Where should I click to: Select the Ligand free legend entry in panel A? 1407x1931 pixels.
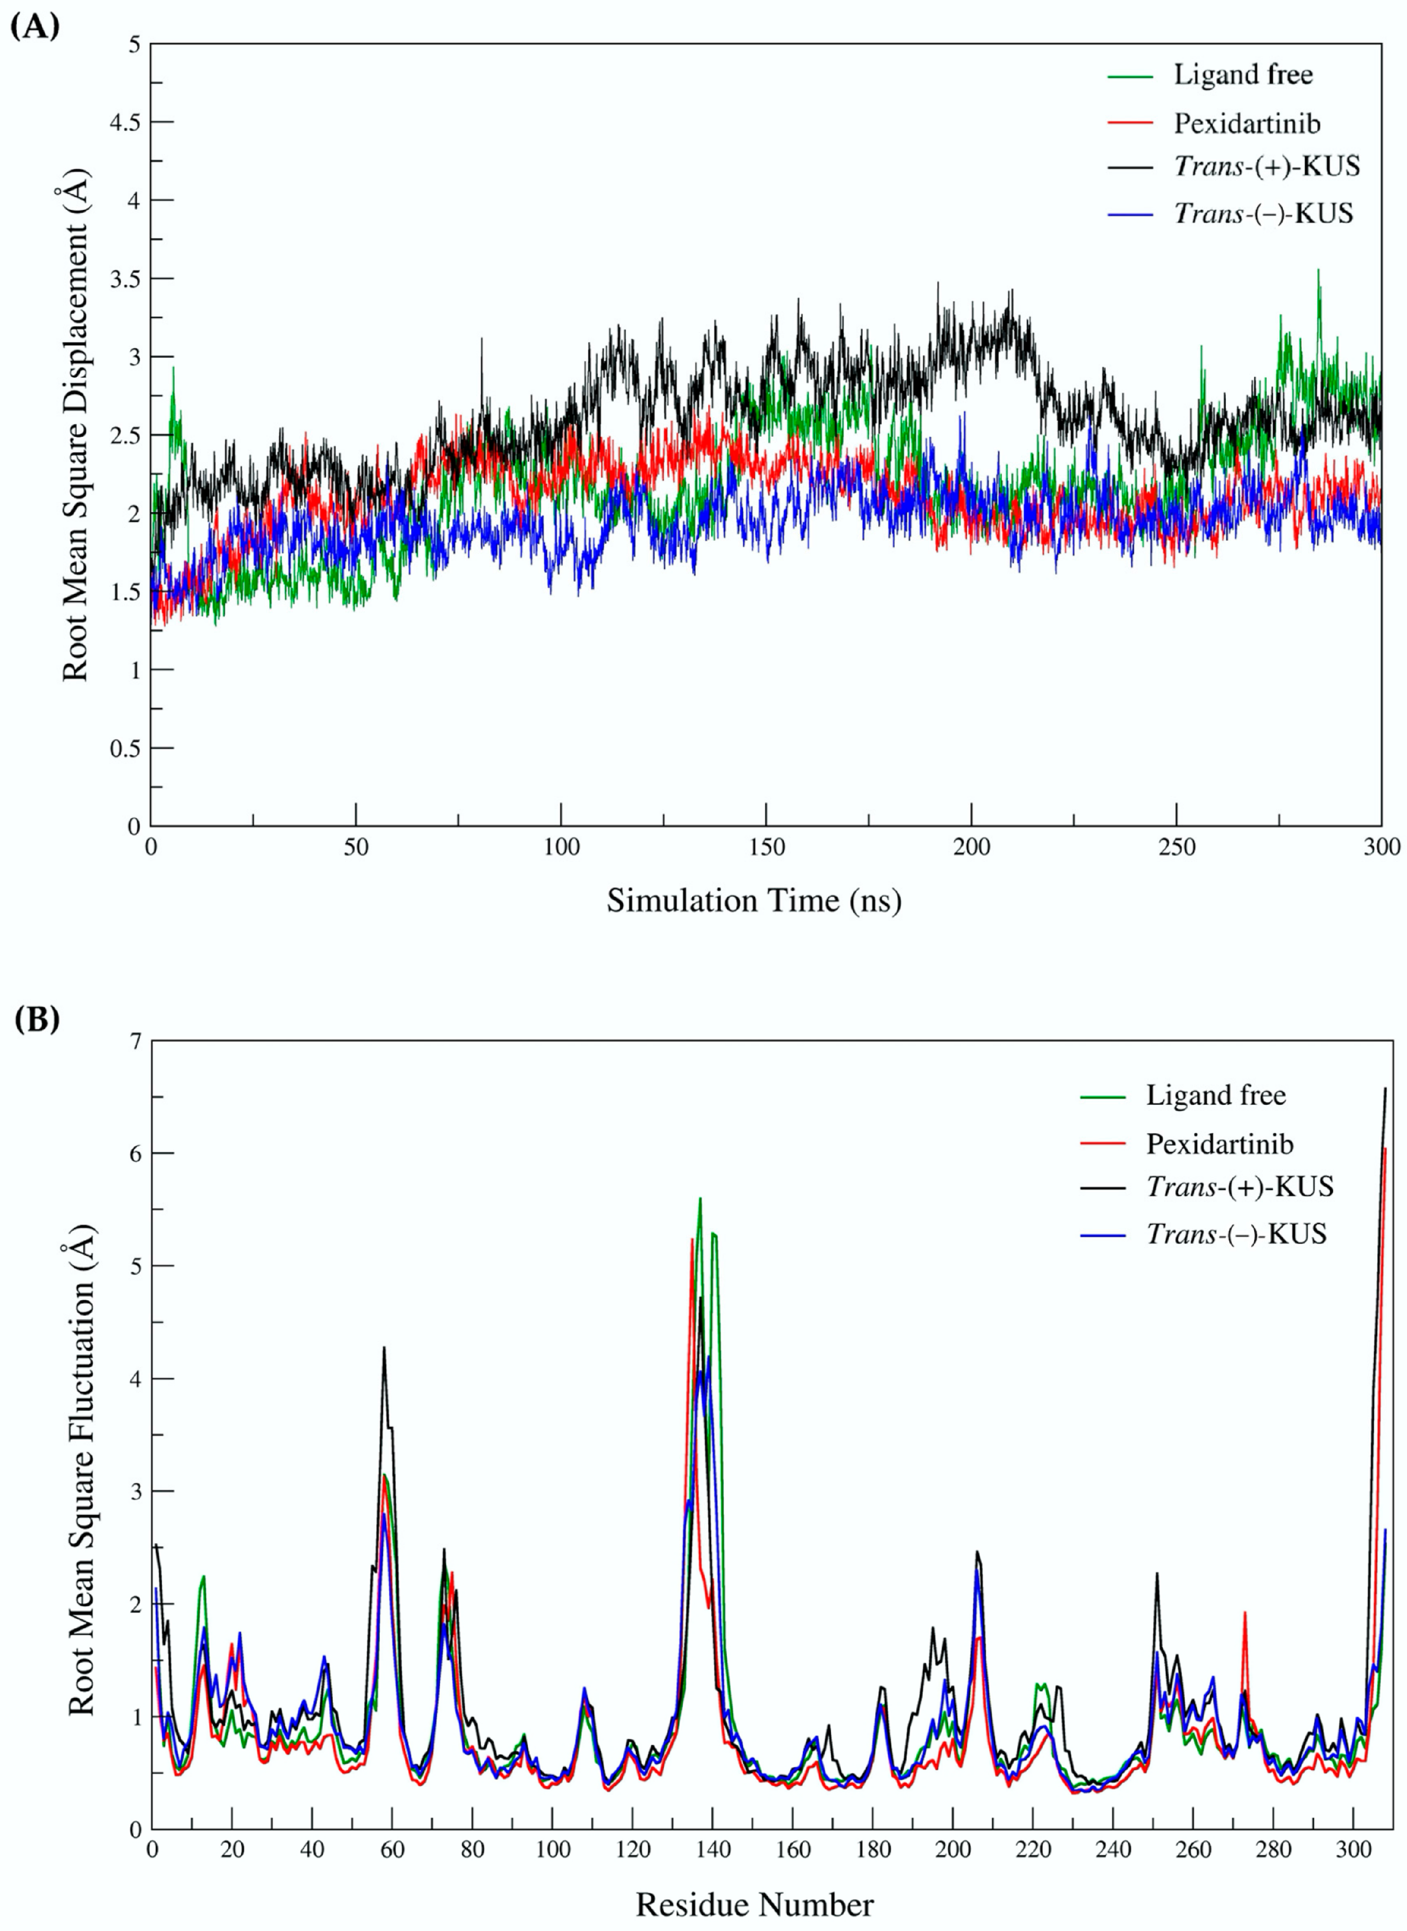1243,75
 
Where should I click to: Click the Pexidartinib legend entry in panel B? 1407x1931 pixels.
1219,1144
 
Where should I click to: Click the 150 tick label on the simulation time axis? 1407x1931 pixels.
766,847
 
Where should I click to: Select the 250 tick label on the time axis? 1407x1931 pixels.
1176,847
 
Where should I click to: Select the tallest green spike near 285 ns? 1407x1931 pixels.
1319,271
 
